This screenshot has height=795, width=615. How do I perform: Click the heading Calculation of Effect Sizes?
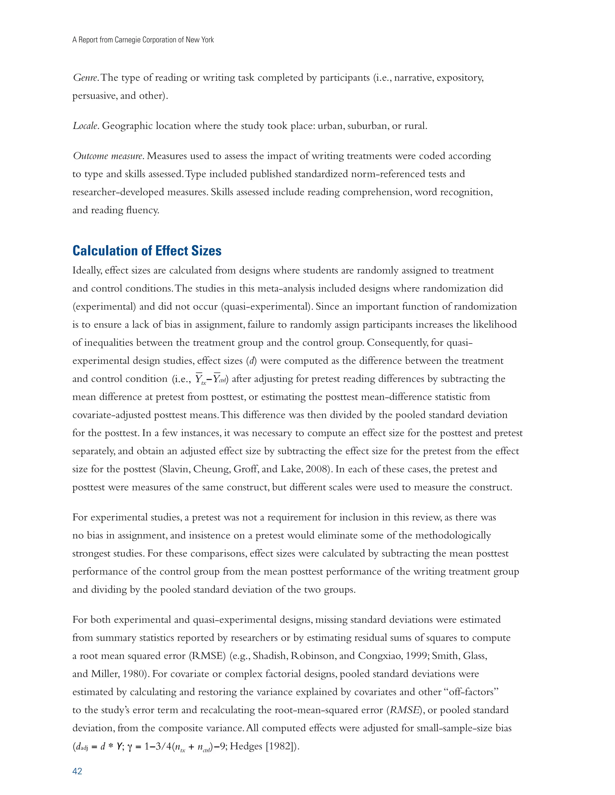click(147, 251)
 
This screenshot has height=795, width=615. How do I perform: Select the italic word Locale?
click(85, 126)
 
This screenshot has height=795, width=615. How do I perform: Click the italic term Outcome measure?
click(108, 156)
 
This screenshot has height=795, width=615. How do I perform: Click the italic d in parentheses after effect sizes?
click(251, 361)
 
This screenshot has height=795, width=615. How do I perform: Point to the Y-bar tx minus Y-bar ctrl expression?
click(211, 379)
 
